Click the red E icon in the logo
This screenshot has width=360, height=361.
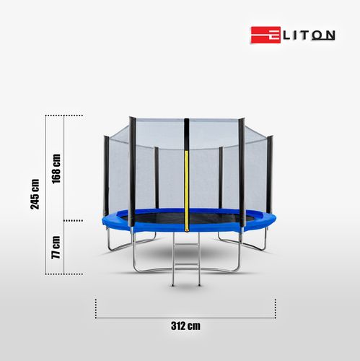[260, 35]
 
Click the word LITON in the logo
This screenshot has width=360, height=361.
[298, 35]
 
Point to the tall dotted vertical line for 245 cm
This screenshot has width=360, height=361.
[46, 195]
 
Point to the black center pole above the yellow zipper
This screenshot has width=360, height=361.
[186, 134]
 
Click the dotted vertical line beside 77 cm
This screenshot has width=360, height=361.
[64, 248]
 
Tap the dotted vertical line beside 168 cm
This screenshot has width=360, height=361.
[64, 168]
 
